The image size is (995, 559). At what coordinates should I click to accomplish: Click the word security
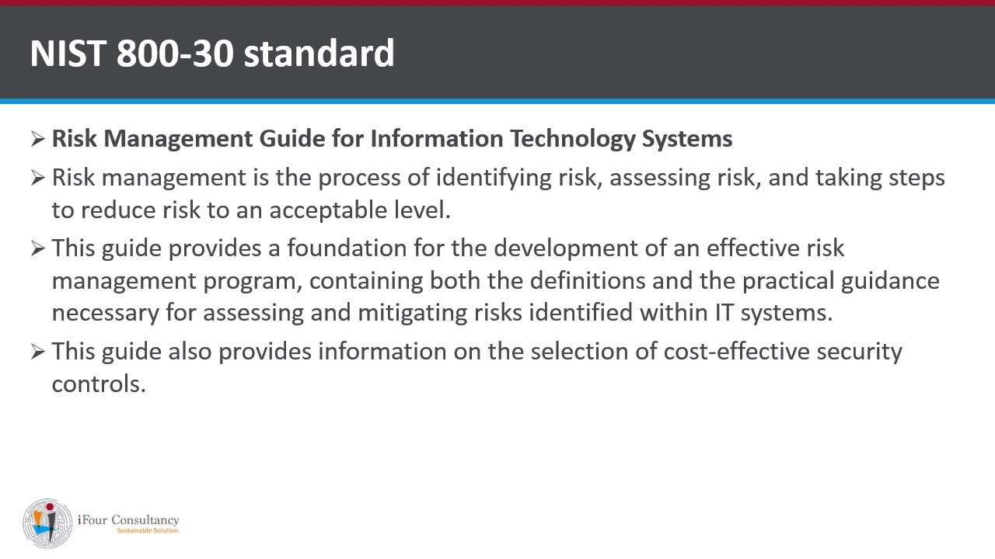(859, 352)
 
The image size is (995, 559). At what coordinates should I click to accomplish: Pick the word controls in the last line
(99, 384)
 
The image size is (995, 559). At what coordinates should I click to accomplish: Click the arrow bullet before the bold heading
(38, 139)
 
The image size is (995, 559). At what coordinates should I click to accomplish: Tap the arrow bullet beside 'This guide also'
(38, 352)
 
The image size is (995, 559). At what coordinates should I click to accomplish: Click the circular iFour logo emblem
(48, 523)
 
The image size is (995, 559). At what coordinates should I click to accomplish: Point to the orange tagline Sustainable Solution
(147, 531)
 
